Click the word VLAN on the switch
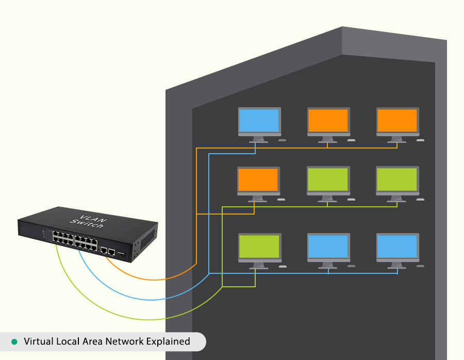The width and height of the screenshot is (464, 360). click(93, 217)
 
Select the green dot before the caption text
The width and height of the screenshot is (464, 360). click(14, 341)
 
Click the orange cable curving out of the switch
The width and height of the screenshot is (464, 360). click(155, 279)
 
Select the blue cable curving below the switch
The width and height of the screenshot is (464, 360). click(129, 297)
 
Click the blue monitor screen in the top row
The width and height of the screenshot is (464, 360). click(259, 120)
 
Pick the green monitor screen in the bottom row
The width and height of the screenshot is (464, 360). click(259, 246)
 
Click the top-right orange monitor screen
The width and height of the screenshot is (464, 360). click(397, 120)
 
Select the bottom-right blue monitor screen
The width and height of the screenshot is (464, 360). click(397, 246)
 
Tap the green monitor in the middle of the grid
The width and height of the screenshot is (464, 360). click(328, 179)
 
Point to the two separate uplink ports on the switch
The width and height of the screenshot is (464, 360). click(107, 250)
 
